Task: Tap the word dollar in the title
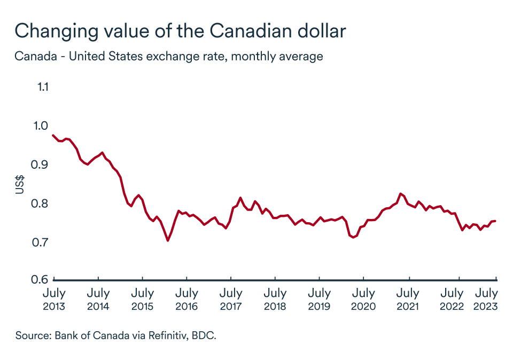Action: click(320, 30)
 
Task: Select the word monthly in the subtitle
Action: click(255, 56)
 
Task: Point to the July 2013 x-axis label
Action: click(53, 299)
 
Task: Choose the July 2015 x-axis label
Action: click(142, 299)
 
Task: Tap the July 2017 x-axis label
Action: click(230, 299)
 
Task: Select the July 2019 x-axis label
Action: click(319, 299)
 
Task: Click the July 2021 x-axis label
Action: click(408, 299)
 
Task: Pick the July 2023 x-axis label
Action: click(487, 299)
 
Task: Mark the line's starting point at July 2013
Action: click(52, 135)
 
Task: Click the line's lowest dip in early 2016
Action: click(168, 240)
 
